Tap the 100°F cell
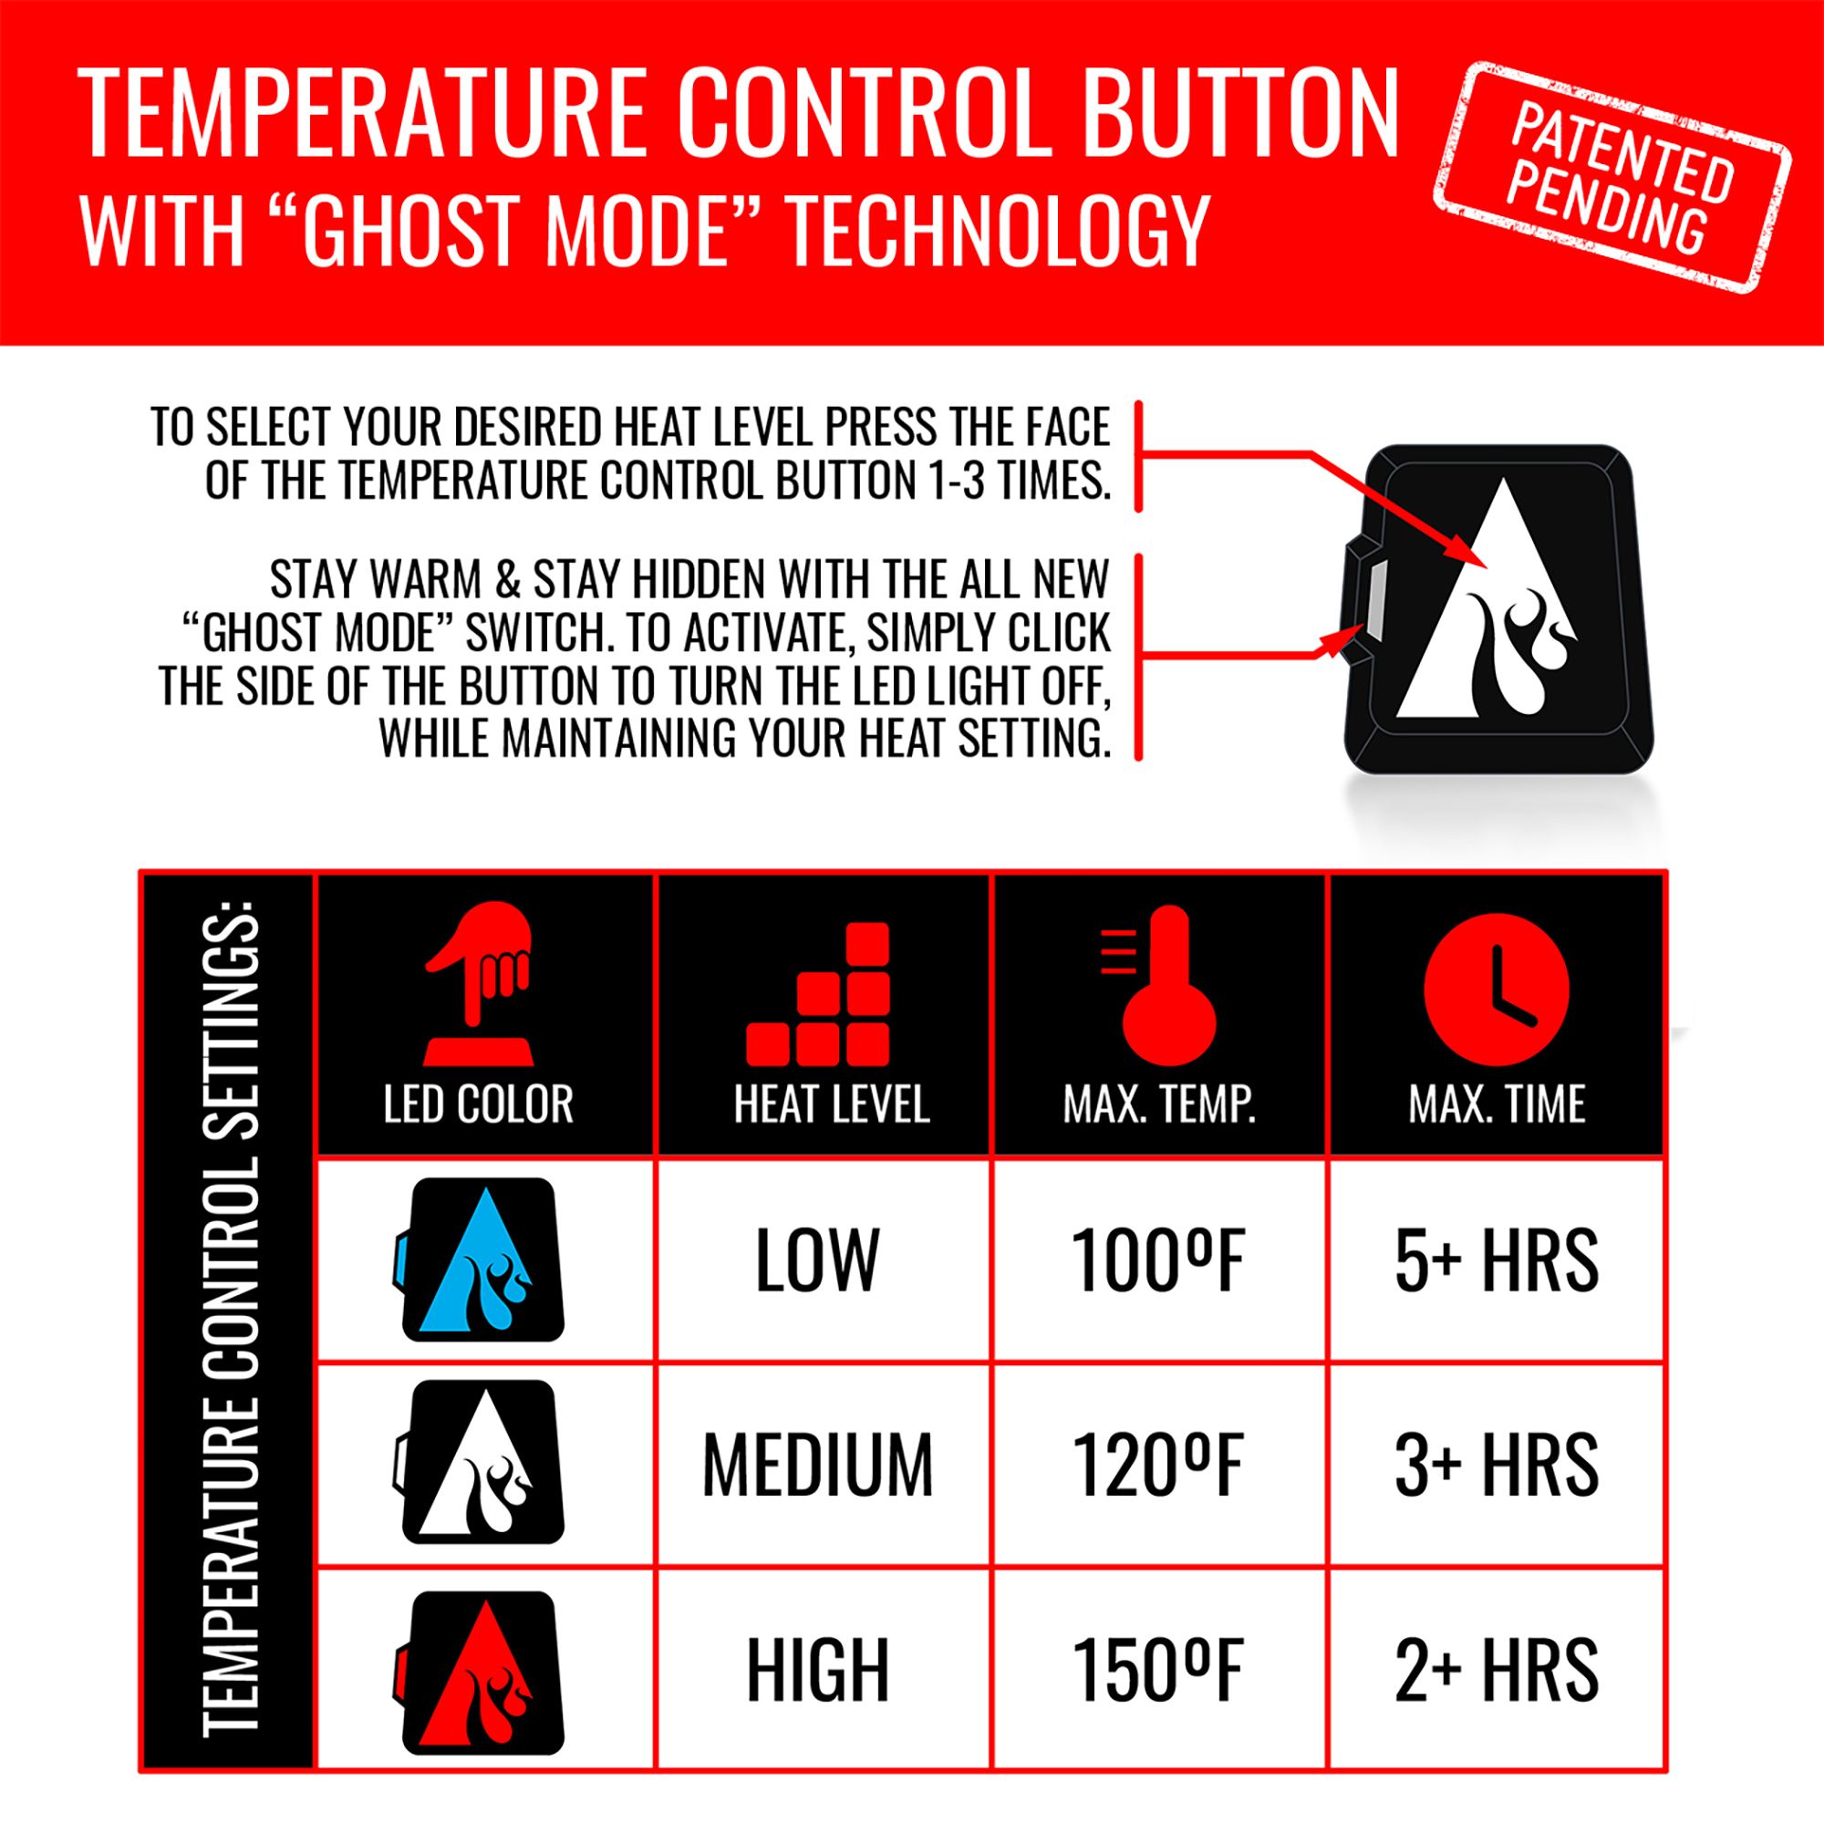click(1158, 1260)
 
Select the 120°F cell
click(1158, 1465)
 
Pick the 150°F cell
click(1158, 1669)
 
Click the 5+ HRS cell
click(1497, 1260)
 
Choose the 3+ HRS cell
click(1497, 1465)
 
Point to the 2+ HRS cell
click(1497, 1669)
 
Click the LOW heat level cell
click(817, 1260)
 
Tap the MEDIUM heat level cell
click(817, 1465)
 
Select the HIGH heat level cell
click(817, 1669)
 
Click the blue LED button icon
click(480, 1259)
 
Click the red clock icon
click(1497, 990)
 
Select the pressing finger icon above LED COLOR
click(480, 982)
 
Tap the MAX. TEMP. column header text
click(1159, 1104)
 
